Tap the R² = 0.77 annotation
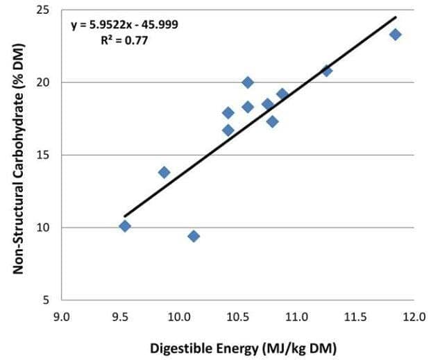124,40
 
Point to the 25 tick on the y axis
42,10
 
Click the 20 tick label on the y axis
42,83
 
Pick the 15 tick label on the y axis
42,155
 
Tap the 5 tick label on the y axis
46,300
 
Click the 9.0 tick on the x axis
62,318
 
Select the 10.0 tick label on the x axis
179,318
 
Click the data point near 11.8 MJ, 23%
395,35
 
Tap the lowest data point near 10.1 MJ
194,237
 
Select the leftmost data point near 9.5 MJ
125,226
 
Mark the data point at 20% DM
248,83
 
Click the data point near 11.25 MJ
327,71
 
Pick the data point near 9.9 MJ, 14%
164,172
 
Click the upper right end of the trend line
396,17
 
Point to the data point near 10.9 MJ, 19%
282,94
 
